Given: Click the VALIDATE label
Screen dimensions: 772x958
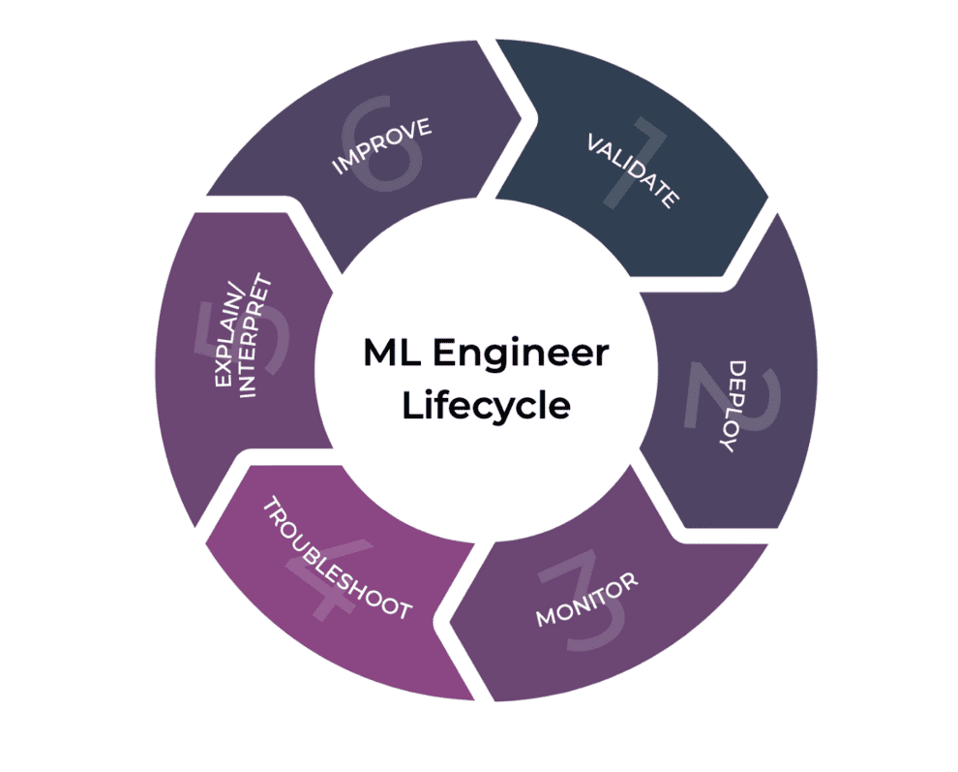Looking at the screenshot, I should [632, 170].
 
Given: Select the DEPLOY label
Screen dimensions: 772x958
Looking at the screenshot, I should [738, 406].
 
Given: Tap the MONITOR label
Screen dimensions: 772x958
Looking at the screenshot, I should [587, 600].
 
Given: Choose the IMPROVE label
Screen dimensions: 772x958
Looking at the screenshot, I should [381, 145].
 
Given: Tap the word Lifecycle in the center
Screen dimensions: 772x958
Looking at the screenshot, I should [486, 405].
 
